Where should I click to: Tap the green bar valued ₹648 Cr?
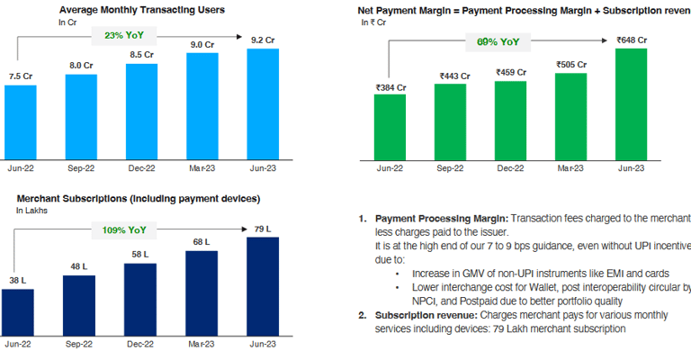(x=631, y=103)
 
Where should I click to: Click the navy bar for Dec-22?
(x=141, y=298)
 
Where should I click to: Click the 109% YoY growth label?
(x=124, y=229)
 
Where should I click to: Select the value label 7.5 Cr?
(x=21, y=76)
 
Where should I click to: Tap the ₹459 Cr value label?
(x=510, y=71)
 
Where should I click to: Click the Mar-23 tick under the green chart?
(x=571, y=168)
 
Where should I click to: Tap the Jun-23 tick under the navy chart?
(x=262, y=345)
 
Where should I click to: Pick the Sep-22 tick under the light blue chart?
(x=81, y=168)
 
